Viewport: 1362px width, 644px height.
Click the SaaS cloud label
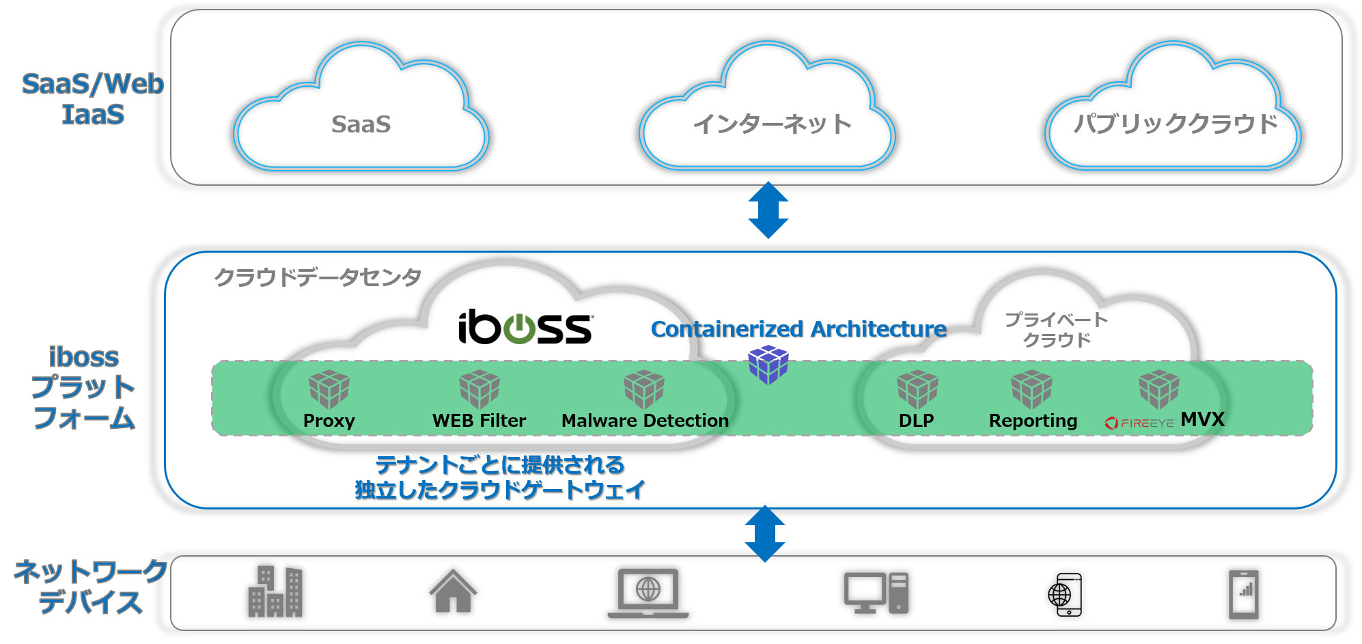(361, 124)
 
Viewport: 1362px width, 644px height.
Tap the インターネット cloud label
(772, 124)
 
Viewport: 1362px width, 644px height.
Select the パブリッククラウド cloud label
(1175, 124)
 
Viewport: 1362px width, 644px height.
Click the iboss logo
(525, 327)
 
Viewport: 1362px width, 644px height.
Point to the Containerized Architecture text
(798, 329)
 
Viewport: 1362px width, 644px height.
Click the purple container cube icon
(768, 364)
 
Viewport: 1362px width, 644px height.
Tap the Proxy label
(329, 421)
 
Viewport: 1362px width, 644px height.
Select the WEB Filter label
(479, 421)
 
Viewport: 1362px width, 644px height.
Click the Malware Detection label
(645, 421)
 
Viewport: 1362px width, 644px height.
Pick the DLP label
(916, 421)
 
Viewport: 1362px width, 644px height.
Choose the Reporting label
(1033, 421)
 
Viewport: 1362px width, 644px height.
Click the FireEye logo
(1139, 423)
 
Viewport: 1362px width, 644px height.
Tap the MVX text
(1203, 419)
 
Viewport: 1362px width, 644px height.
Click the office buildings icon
(275, 591)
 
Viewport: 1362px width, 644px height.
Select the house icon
(453, 591)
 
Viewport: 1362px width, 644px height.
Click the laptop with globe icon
(648, 593)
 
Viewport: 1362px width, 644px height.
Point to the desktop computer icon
(876, 593)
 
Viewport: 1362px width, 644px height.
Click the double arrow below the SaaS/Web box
(768, 210)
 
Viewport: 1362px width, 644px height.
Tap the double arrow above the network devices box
(765, 533)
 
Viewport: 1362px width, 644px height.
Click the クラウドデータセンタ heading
(318, 277)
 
